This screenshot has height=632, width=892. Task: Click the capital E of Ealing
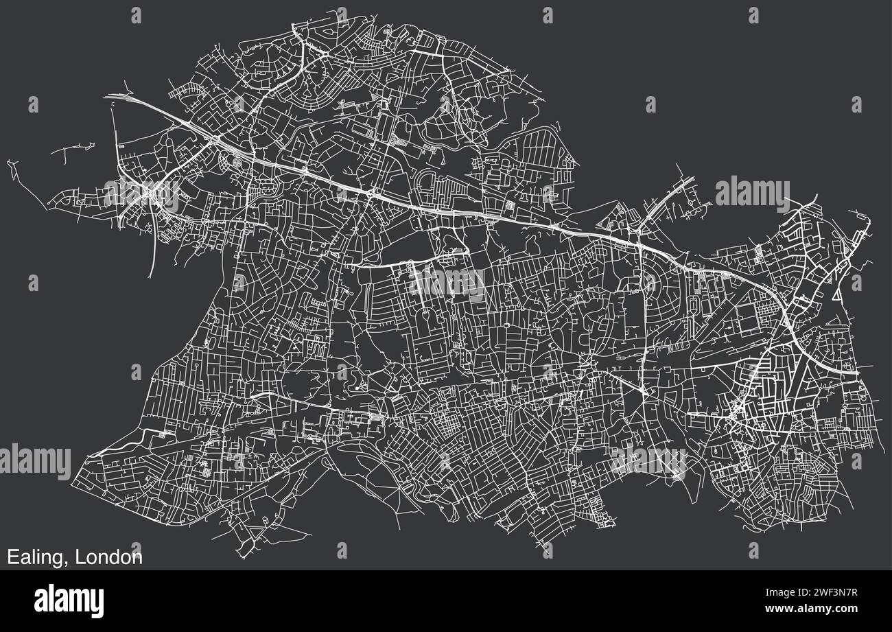click(x=12, y=557)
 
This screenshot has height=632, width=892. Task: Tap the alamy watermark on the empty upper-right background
click(x=752, y=194)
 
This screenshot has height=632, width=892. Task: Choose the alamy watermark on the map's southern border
click(x=648, y=460)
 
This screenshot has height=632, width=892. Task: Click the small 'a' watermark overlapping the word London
click(x=136, y=549)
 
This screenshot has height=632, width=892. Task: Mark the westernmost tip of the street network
click(x=8, y=162)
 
